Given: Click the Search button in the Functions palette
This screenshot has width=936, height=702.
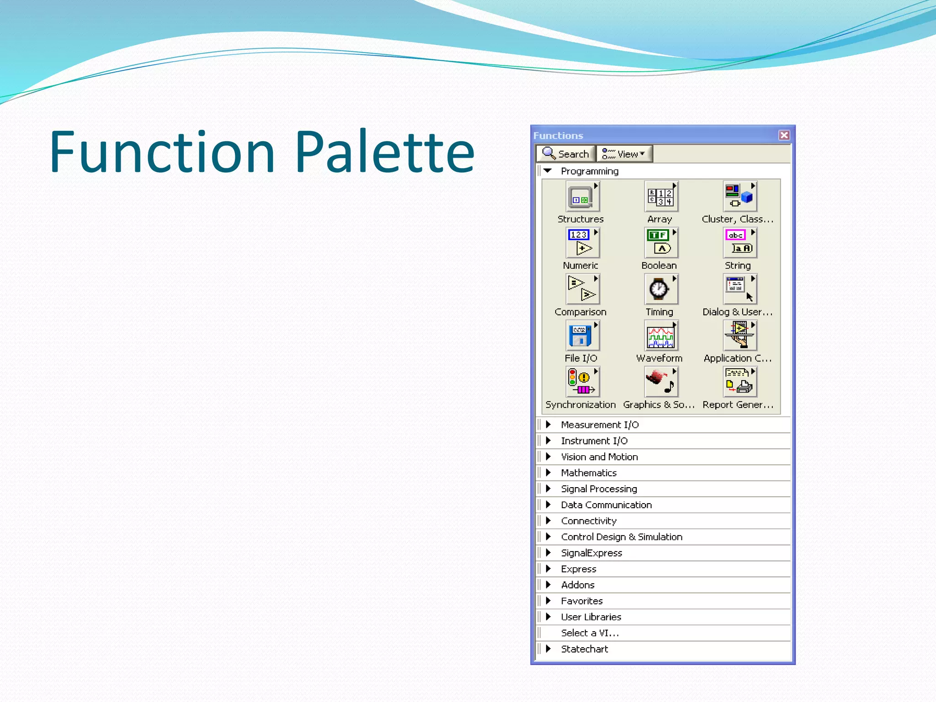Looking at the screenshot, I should tap(566, 154).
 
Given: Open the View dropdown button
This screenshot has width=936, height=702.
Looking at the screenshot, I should tap(624, 154).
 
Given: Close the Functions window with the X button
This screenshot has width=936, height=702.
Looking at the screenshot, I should tap(784, 135).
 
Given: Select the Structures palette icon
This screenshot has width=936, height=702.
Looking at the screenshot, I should tap(581, 197).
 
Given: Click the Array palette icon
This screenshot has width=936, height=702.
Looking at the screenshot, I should tap(660, 197).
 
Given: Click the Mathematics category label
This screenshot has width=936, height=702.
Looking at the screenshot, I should tap(589, 473).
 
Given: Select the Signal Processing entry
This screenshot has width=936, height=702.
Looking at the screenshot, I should tap(599, 489).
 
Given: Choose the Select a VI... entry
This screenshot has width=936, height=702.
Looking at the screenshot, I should tap(590, 633).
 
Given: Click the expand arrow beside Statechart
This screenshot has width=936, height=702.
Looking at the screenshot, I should tap(548, 649).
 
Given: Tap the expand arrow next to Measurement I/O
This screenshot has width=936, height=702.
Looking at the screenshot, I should tap(548, 425).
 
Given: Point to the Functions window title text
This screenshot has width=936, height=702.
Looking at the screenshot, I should tap(558, 136).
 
